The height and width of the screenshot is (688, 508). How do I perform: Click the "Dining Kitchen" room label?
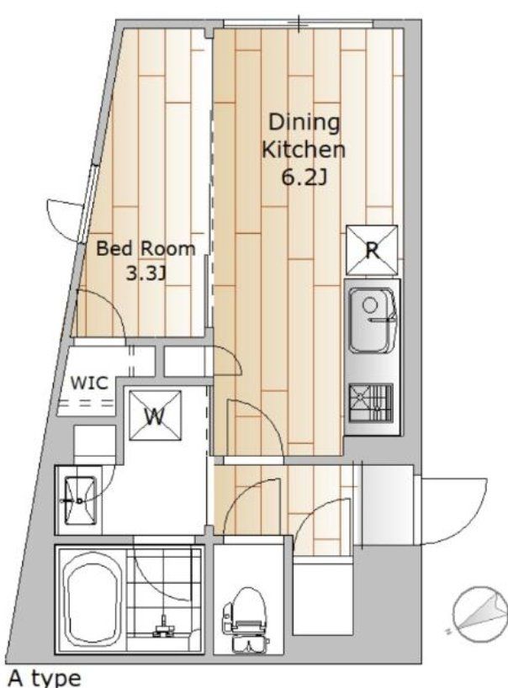coord(304,135)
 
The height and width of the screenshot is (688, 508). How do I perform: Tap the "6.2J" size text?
coord(304,177)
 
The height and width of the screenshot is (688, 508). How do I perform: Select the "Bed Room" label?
coord(146,248)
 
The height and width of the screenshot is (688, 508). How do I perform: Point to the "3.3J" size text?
coord(146,274)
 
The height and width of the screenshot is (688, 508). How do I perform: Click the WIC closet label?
coord(89,383)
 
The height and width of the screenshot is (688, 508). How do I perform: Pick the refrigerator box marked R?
coord(372,250)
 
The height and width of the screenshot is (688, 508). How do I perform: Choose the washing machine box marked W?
coord(155,415)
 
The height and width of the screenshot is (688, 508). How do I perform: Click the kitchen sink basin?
coord(373,320)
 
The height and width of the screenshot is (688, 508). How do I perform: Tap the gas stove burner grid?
coord(371,403)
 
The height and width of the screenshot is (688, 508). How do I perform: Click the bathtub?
coord(93,600)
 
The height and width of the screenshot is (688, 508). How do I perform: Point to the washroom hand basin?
coord(80,500)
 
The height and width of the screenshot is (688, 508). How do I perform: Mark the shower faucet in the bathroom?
coord(163,628)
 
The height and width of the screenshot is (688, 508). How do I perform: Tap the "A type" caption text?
coord(45,677)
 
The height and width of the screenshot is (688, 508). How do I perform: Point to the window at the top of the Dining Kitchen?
coord(299,24)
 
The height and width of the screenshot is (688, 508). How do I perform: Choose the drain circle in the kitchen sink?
coord(370,304)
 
